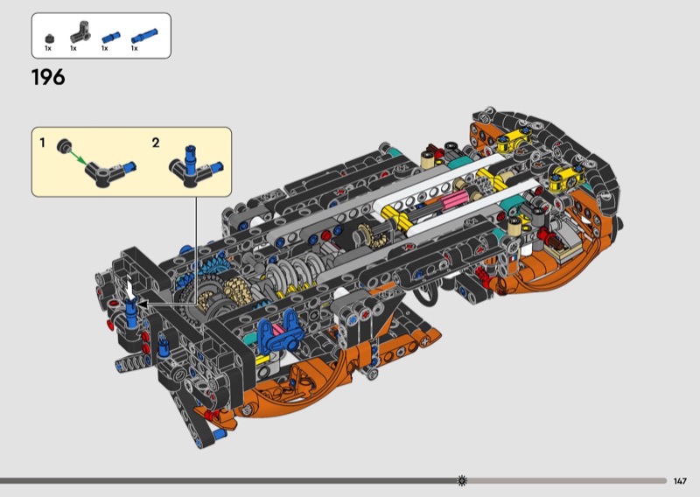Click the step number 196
(x=48, y=77)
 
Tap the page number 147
(x=680, y=481)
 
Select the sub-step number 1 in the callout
(x=42, y=143)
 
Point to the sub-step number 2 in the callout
(x=156, y=143)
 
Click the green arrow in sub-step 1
(x=78, y=157)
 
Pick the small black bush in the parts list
(x=49, y=38)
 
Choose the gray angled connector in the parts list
(x=80, y=32)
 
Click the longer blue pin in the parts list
(x=144, y=36)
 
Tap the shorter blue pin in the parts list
(x=111, y=37)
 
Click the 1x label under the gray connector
(x=73, y=48)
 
